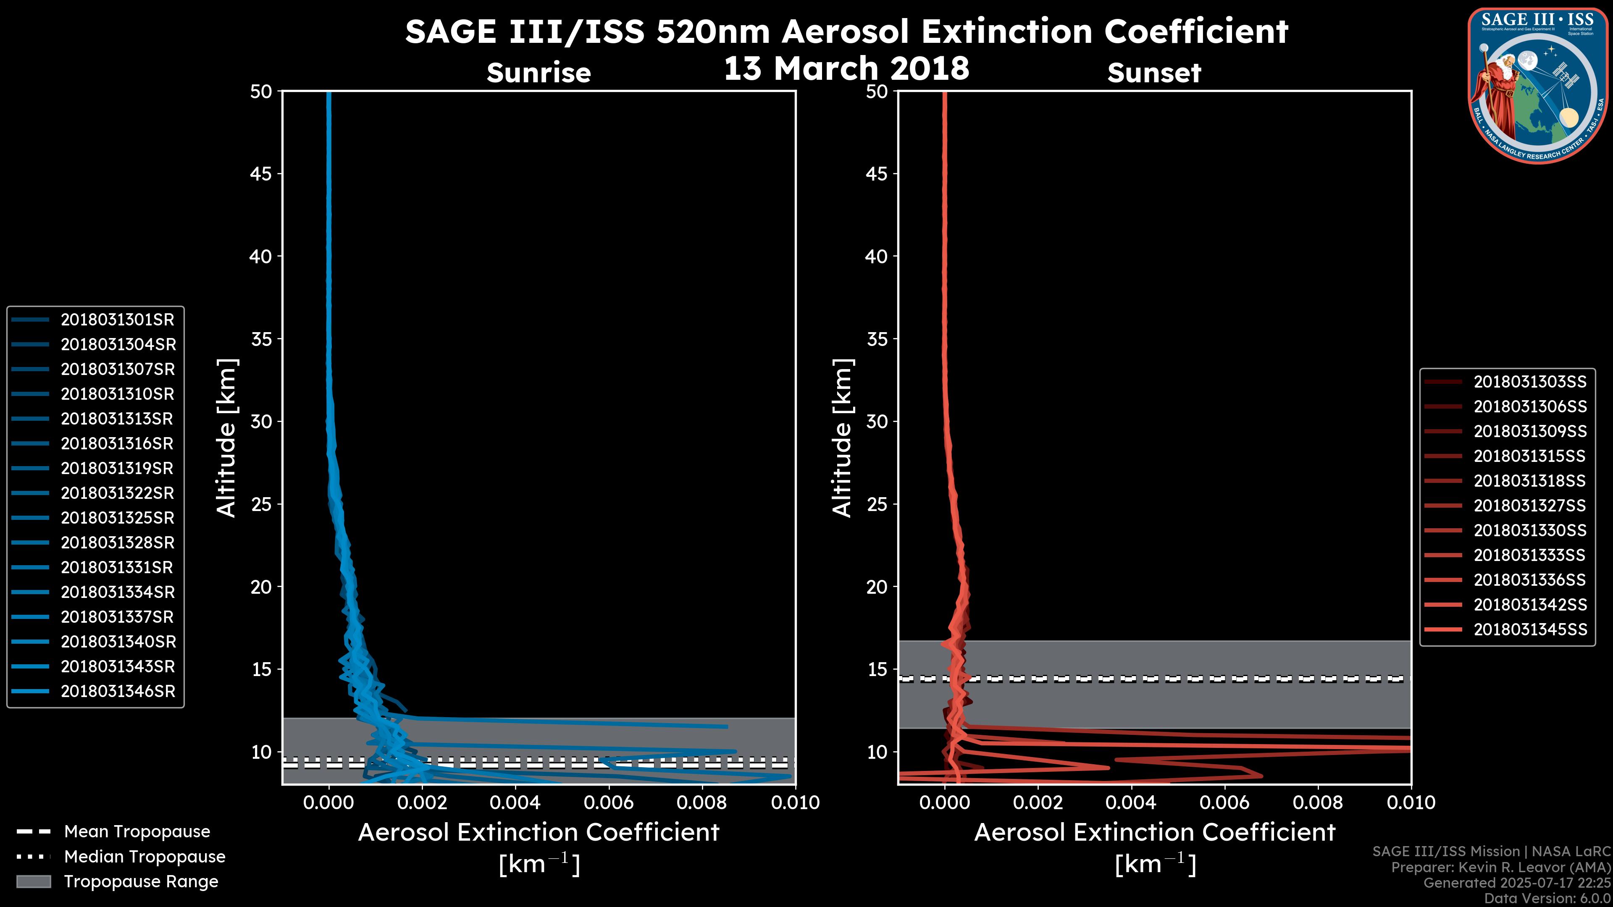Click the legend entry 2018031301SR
117,320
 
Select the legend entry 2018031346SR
118,692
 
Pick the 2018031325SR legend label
117,518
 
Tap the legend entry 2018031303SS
1530,382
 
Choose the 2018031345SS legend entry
1530,630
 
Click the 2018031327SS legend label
1530,506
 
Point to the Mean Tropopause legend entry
137,832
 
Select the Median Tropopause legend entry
144,857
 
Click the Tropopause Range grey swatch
34,882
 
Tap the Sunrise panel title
539,73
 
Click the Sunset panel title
1154,73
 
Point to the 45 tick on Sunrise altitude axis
261,173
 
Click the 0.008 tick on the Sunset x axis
1318,802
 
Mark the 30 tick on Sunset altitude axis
877,421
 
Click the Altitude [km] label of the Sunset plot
842,438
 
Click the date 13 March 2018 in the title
846,68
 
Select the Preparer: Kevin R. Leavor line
1500,868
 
